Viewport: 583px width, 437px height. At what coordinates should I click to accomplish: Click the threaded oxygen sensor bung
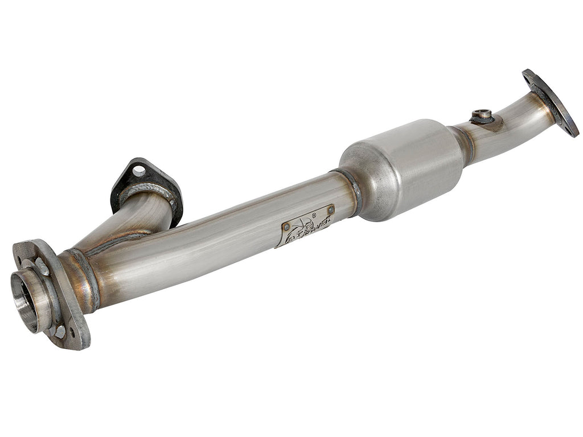tap(482, 115)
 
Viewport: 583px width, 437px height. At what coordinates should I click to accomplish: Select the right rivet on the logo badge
tap(330, 209)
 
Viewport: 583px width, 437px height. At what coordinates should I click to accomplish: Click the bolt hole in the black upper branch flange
tap(139, 170)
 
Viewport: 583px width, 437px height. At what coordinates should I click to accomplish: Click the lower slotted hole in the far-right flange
tap(569, 128)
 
